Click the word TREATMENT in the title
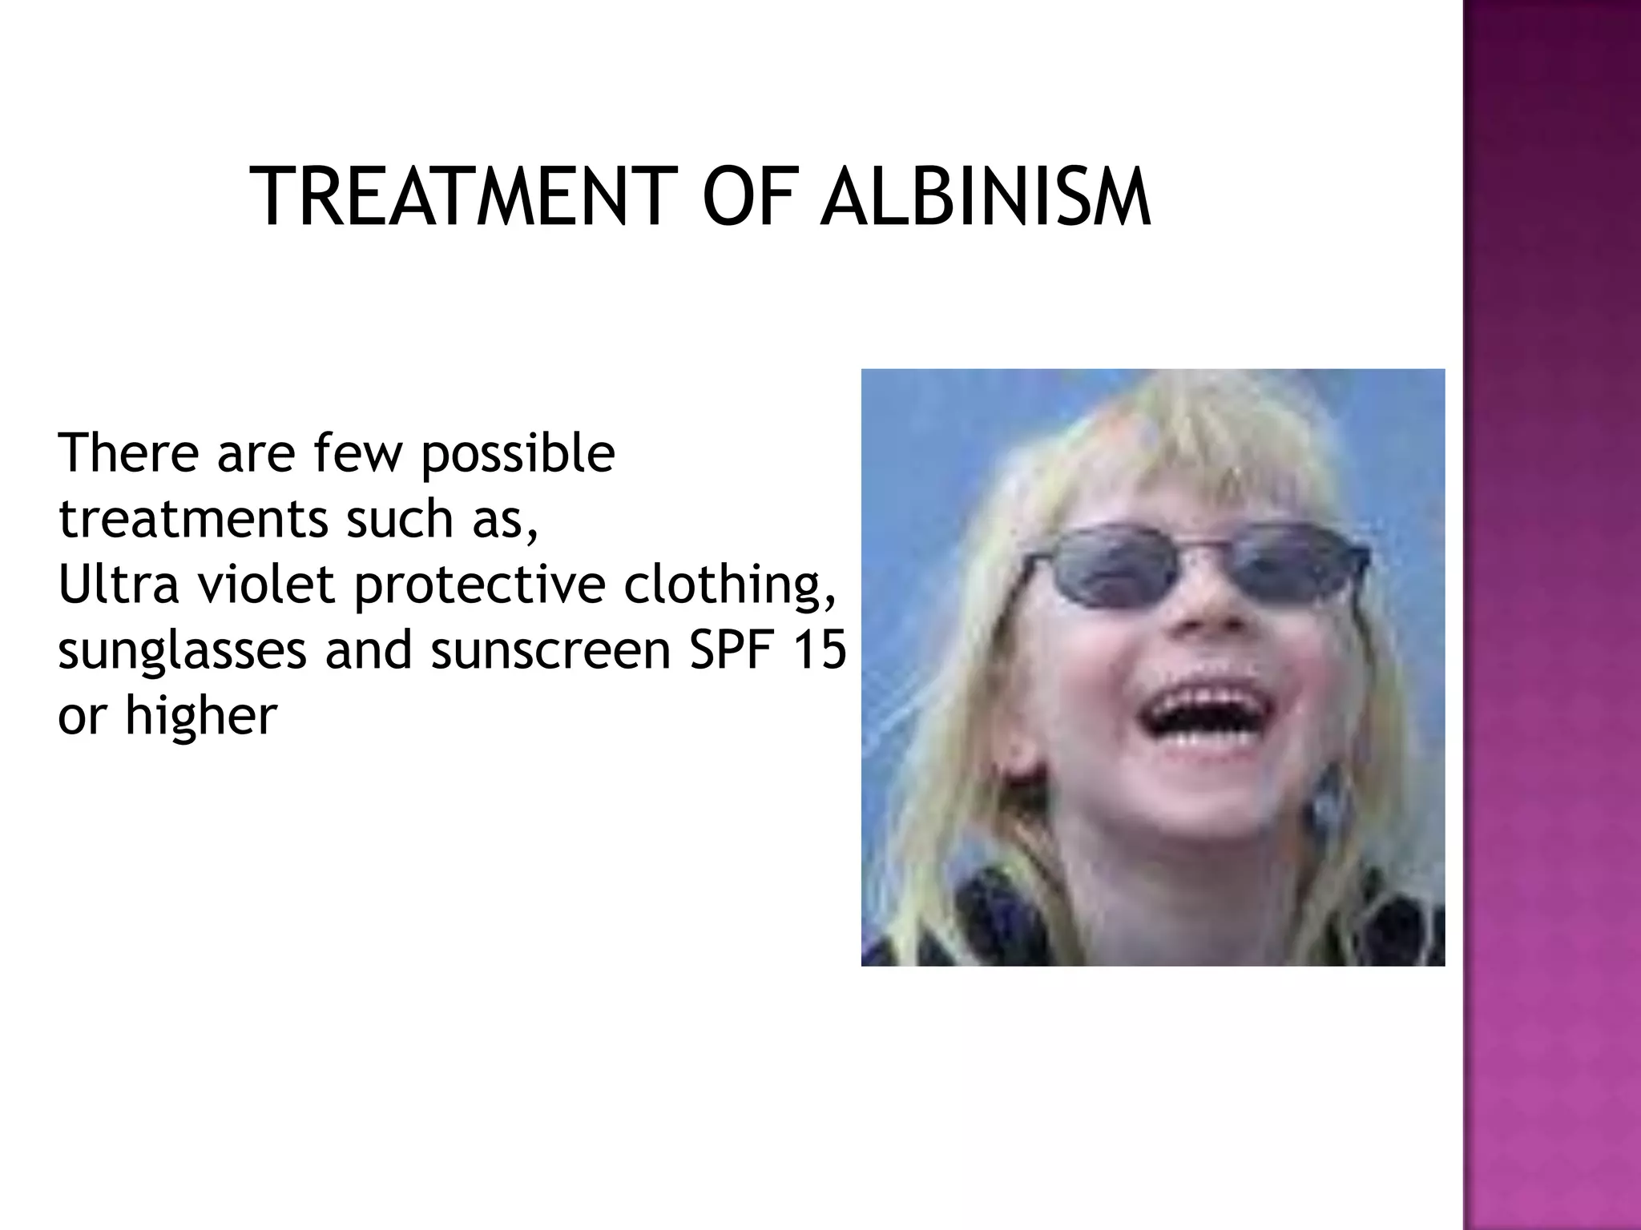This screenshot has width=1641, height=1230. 458,197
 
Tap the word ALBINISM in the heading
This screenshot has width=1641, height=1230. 985,197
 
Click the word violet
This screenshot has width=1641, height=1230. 265,584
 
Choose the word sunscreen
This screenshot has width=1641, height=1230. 550,649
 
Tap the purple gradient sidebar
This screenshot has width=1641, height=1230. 1551,615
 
